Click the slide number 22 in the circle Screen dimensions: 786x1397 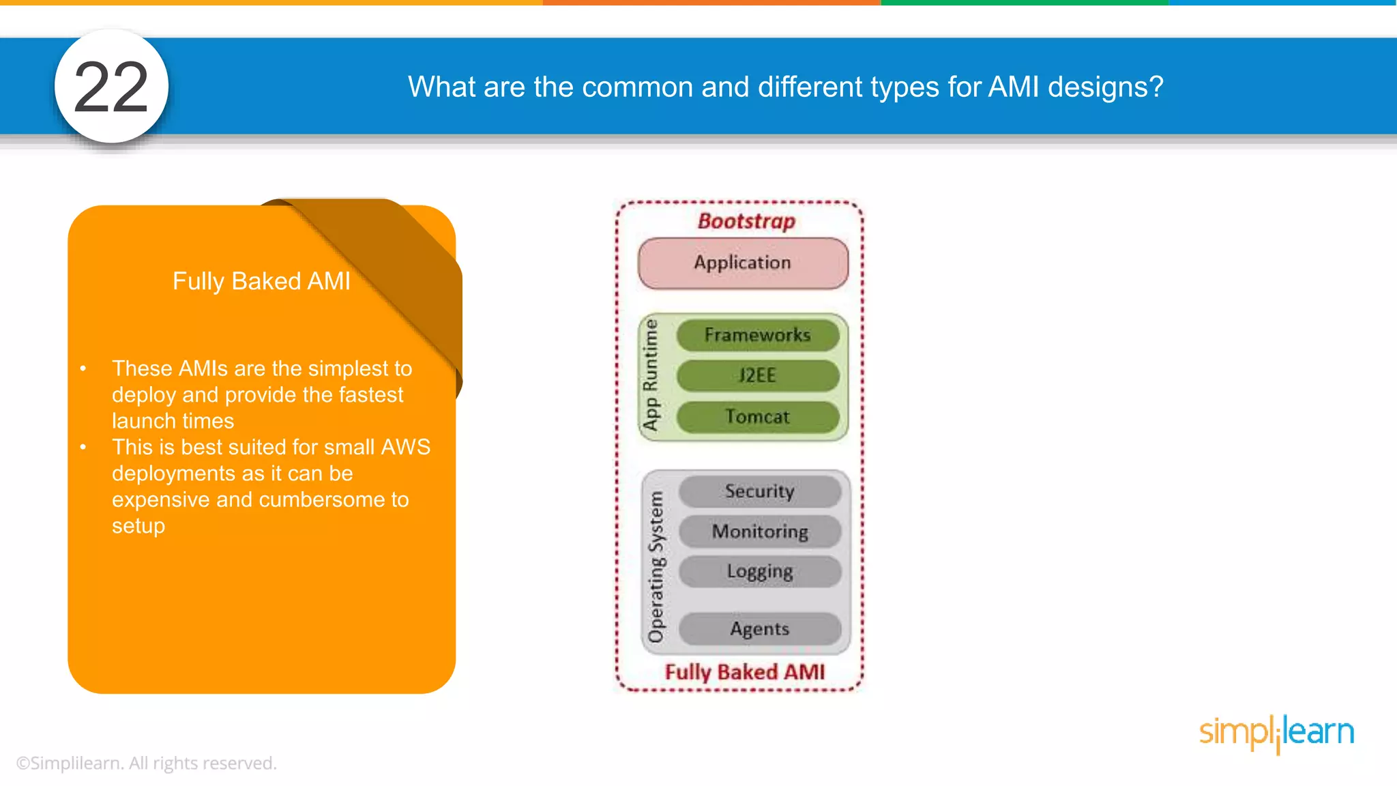point(111,87)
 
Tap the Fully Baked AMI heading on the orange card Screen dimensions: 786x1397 point(261,281)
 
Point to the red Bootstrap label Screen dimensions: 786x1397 point(746,221)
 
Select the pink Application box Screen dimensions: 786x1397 point(743,263)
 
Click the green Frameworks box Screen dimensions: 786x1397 point(757,335)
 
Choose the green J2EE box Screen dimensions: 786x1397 point(757,375)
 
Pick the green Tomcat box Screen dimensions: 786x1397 point(757,416)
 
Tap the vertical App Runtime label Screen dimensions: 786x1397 point(651,375)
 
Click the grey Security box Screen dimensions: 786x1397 point(759,491)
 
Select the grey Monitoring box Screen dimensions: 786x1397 point(759,532)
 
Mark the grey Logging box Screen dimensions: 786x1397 point(759,571)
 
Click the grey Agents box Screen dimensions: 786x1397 point(759,629)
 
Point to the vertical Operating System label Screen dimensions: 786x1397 point(656,566)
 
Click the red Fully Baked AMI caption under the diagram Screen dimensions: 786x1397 point(745,672)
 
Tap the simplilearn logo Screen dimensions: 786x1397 point(1276,733)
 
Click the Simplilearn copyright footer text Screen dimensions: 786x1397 point(146,763)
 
